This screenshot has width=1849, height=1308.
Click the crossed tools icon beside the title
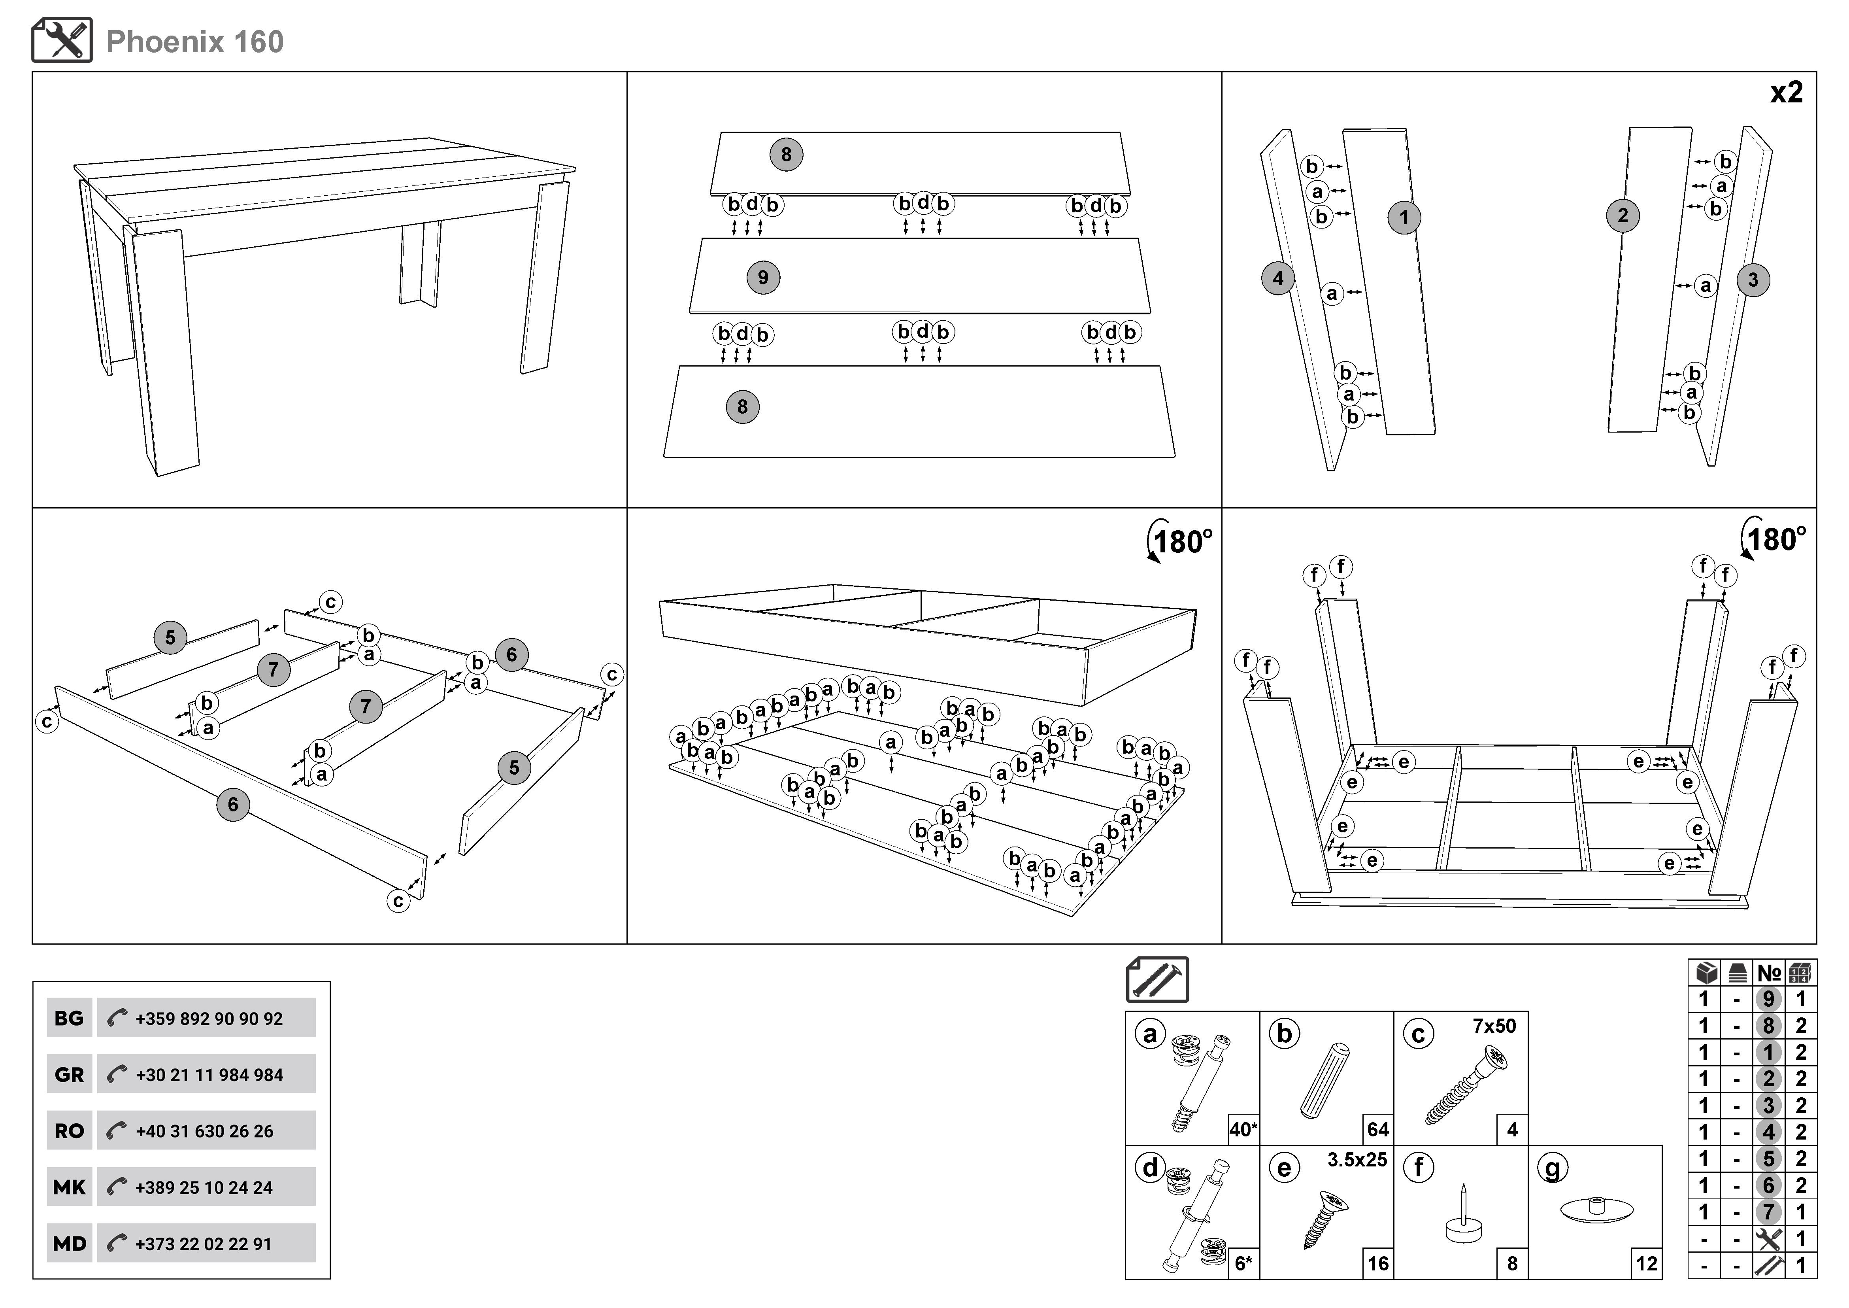pos(62,40)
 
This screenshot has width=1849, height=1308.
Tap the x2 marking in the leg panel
pos(1786,93)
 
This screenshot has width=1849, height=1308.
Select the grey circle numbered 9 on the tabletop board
pos(762,278)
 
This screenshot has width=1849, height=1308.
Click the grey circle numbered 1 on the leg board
pos(1404,217)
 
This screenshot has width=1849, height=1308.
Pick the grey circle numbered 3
pos(1753,280)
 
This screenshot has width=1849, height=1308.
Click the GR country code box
pos(69,1074)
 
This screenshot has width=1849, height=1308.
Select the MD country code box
pos(69,1244)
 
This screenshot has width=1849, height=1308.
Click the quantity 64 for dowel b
pos(1378,1129)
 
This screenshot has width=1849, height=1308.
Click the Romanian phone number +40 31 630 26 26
pos(205,1131)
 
